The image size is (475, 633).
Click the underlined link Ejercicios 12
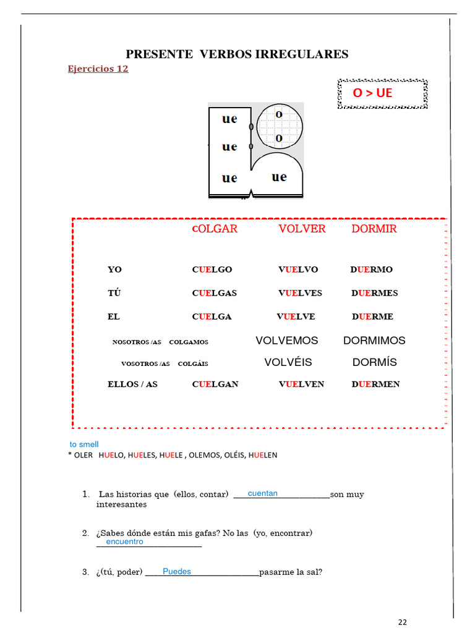98,69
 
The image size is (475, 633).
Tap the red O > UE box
382,93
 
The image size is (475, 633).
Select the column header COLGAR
215,229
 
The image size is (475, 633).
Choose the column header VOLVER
302,229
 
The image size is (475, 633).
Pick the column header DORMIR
374,229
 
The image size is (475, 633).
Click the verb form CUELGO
212,270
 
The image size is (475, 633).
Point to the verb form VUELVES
300,293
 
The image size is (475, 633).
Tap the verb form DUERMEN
375,384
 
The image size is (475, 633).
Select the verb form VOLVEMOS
286,341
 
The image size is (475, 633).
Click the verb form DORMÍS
375,362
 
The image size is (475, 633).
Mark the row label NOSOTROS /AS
137,342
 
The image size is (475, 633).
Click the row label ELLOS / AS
132,384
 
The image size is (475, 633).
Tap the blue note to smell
84,444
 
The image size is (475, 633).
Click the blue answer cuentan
262,493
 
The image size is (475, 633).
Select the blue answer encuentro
124,542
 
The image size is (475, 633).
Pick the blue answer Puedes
177,572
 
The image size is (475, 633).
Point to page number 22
403,622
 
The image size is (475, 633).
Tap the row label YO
115,270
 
